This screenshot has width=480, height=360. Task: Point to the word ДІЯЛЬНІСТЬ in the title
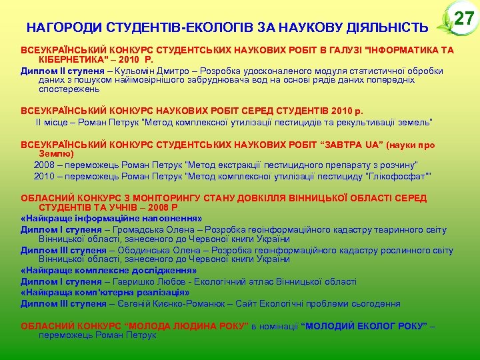(387, 28)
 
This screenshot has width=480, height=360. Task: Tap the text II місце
(51, 122)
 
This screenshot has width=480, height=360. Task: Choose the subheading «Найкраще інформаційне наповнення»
(111, 218)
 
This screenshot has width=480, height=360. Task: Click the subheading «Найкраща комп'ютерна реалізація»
(105, 293)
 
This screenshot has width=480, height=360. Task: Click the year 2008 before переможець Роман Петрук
(44, 165)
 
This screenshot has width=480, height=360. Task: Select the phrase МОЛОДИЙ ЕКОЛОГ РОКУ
(364, 326)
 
